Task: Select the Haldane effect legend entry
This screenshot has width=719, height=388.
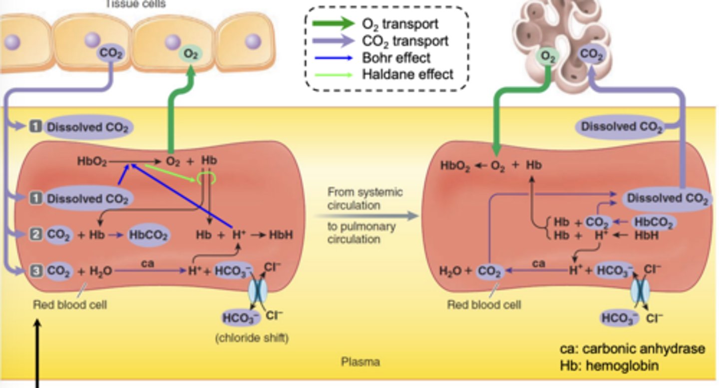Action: (407, 74)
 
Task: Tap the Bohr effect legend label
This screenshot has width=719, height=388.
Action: (396, 57)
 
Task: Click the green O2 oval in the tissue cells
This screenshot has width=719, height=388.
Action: (190, 53)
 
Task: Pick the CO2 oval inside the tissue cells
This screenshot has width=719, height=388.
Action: (111, 52)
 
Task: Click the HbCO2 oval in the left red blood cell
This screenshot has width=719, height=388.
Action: (148, 235)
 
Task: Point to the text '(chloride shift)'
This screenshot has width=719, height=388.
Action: (252, 338)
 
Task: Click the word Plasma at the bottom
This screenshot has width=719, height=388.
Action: (360, 362)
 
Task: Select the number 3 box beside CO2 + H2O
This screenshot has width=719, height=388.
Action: (35, 271)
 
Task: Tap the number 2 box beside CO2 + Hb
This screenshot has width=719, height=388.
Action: (35, 234)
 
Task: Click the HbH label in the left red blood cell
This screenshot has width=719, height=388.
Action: (281, 235)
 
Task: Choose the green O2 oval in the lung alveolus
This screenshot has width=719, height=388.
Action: (548, 56)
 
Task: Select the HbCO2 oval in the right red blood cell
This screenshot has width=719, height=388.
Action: (654, 222)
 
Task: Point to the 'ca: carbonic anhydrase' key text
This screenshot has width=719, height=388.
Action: (632, 349)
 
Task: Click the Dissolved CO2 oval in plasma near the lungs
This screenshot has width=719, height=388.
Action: (621, 127)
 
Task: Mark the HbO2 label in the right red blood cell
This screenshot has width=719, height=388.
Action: (455, 166)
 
